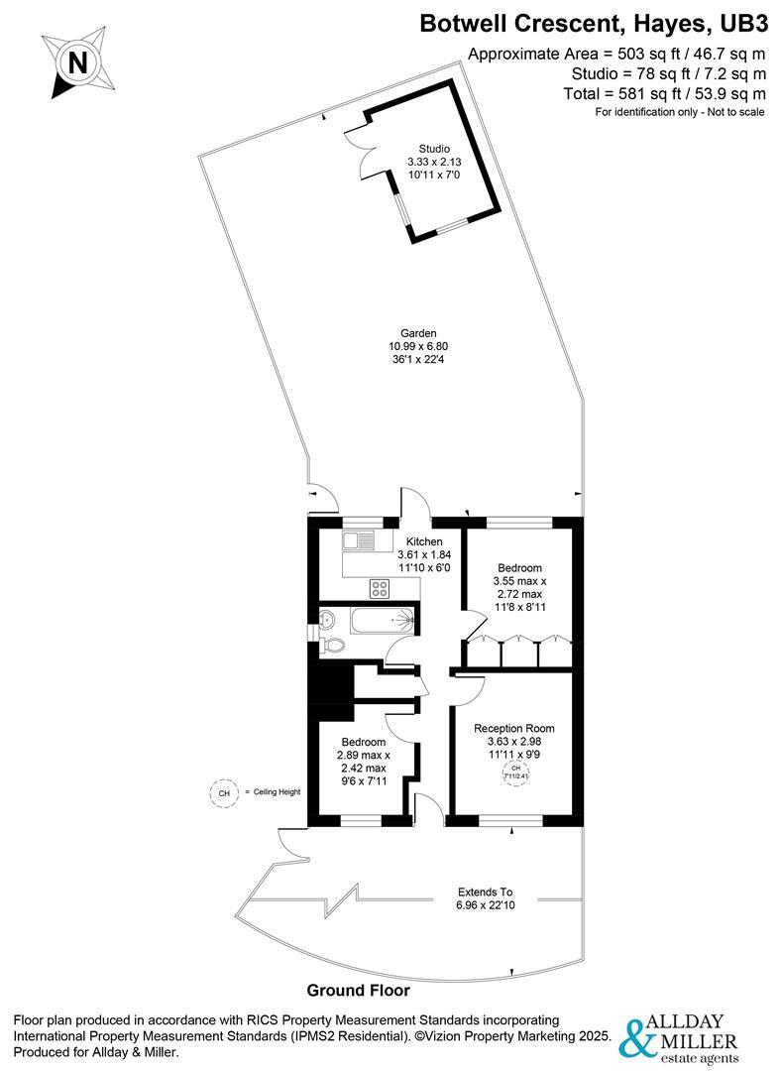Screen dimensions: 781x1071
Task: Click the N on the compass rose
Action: coord(78,63)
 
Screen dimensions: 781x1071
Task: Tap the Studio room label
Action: coord(434,148)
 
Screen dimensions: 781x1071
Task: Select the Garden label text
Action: coord(418,333)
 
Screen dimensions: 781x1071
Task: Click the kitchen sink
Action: coord(359,541)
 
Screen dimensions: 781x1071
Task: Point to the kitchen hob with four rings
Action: coord(380,588)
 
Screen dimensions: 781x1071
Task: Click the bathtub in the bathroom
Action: coord(383,621)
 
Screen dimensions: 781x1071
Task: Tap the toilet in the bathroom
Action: coord(332,645)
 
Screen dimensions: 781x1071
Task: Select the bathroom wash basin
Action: coord(327,620)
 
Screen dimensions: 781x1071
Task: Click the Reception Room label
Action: coord(514,728)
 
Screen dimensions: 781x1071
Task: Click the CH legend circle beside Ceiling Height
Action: coord(223,793)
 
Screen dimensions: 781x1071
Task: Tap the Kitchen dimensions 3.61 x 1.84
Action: coord(424,554)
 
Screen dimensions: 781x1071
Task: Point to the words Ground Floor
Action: coord(359,990)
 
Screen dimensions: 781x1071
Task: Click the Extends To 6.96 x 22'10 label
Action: coord(485,898)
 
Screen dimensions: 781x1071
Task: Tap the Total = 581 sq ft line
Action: coord(664,93)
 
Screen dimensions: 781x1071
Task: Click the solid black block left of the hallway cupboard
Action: coord(331,684)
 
